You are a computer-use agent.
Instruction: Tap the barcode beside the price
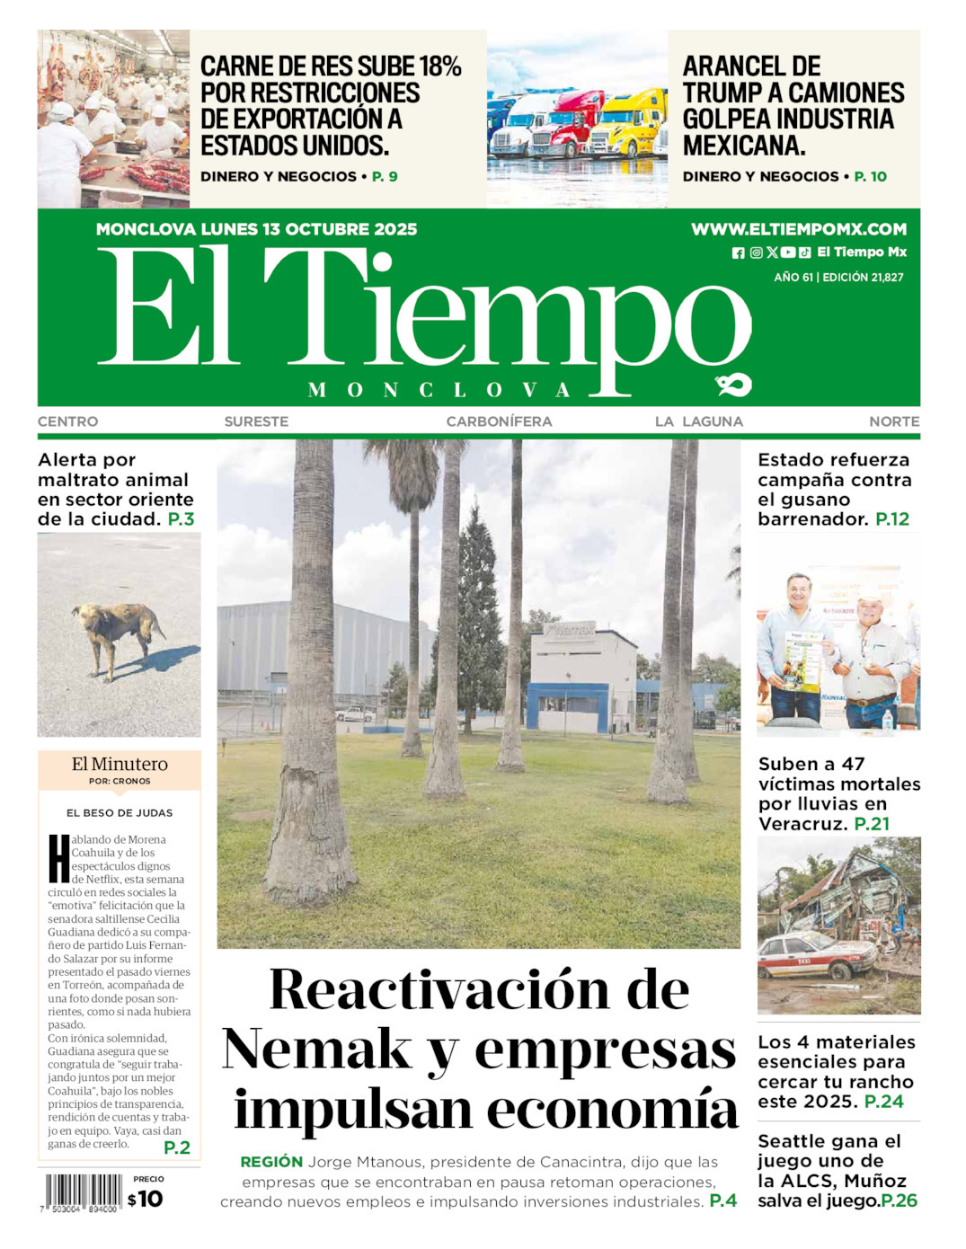pyautogui.click(x=83, y=1194)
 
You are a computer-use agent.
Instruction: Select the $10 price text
pyautogui.click(x=145, y=1199)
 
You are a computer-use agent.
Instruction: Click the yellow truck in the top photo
pyautogui.click(x=633, y=121)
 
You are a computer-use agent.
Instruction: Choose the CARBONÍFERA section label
pyautogui.click(x=499, y=421)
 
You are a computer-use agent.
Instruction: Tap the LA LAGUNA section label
pyautogui.click(x=698, y=421)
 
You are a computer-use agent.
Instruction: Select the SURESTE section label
pyautogui.click(x=256, y=421)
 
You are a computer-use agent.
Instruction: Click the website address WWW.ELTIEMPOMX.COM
pyautogui.click(x=798, y=229)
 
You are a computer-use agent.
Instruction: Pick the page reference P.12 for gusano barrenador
pyautogui.click(x=891, y=519)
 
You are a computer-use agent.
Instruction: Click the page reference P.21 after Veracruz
pyautogui.click(x=871, y=824)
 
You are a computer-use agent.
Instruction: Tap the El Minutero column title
pyautogui.click(x=120, y=764)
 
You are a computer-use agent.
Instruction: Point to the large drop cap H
pyautogui.click(x=58, y=859)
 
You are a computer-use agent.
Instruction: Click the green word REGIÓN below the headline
pyautogui.click(x=271, y=1162)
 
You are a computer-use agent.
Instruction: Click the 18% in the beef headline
pyautogui.click(x=439, y=66)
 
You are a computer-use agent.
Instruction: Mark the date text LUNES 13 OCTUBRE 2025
pyautogui.click(x=308, y=229)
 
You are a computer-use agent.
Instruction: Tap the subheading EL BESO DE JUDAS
pyautogui.click(x=120, y=813)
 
